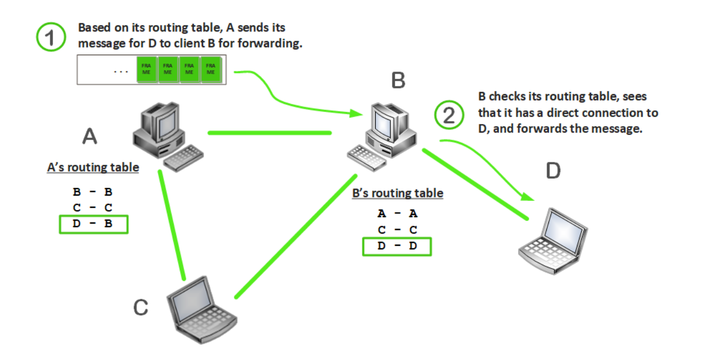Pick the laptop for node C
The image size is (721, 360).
201,308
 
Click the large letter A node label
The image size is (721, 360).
89,136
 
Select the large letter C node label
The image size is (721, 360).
141,307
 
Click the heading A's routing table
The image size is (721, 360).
93,167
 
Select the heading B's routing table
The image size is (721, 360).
397,193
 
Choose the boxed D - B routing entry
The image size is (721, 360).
93,224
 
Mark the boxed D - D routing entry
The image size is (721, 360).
397,246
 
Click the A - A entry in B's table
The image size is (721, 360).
397,213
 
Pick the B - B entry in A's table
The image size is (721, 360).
93,192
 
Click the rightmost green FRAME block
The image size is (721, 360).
210,70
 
